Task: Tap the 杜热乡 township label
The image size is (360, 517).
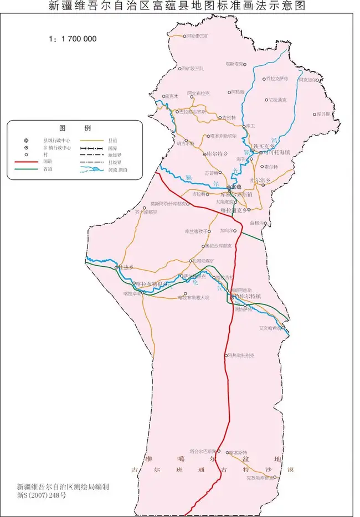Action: [126, 267]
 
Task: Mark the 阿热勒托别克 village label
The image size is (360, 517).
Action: [242, 355]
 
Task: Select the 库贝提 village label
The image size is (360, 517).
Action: [322, 113]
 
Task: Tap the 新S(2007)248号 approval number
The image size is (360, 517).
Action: [42, 496]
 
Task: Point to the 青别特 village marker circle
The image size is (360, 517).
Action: [218, 118]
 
